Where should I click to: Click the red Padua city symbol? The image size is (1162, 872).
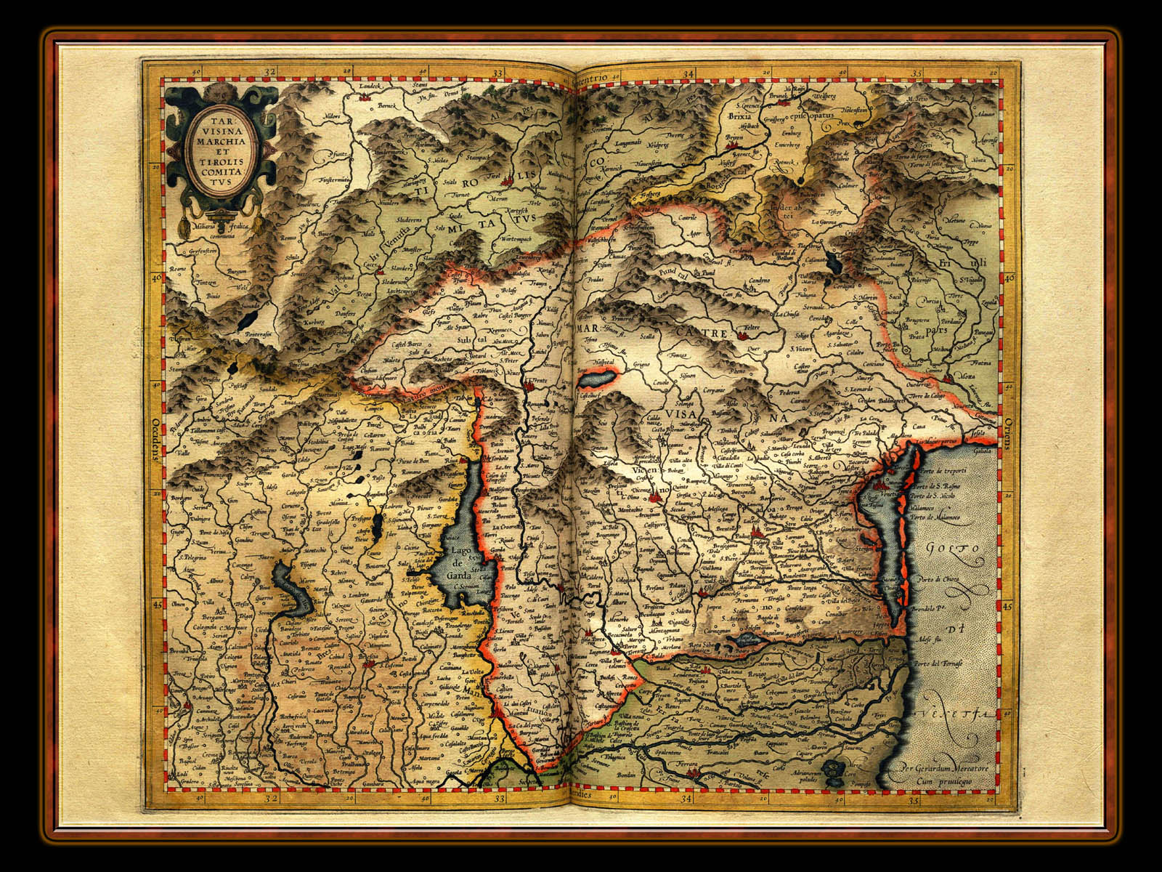pos(759,535)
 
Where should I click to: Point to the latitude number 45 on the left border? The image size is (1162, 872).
pos(155,602)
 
